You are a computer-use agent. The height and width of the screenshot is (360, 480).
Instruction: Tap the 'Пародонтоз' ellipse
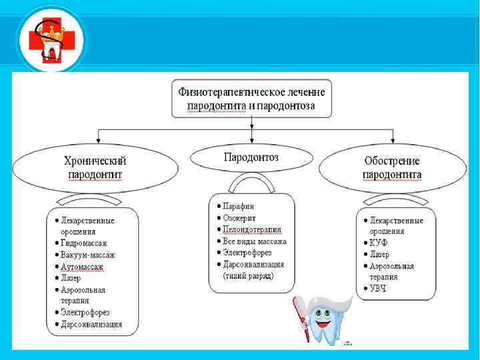251,157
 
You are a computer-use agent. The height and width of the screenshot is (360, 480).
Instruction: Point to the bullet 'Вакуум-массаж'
87,255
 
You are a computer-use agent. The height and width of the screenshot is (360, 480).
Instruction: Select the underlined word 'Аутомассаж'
82,267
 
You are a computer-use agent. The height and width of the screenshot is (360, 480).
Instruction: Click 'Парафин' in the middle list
238,207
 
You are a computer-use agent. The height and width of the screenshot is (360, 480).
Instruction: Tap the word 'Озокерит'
240,218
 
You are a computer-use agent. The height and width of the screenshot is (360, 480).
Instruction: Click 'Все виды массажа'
254,241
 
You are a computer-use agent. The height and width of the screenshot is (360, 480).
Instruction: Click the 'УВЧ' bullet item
379,289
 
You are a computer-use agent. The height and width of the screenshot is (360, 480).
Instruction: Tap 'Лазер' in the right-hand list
379,254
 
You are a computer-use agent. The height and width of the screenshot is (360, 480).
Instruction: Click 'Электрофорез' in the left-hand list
85,312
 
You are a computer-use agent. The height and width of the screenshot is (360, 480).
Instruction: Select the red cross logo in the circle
43,41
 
